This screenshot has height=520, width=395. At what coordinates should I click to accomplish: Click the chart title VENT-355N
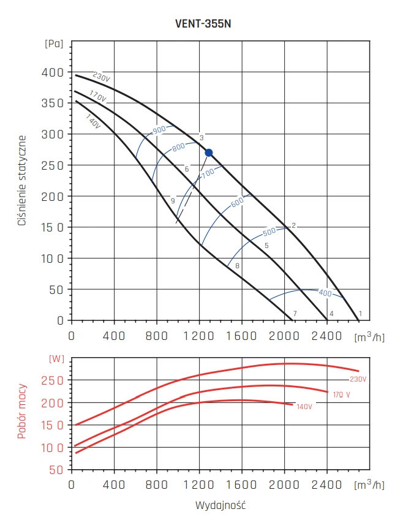coord(203,24)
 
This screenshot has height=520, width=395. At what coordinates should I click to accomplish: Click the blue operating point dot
coord(209,153)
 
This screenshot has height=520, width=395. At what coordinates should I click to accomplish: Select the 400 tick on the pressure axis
coord(56,72)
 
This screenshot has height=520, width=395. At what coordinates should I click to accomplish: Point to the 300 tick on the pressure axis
coord(56,134)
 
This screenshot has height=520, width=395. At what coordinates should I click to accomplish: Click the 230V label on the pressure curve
coord(101,78)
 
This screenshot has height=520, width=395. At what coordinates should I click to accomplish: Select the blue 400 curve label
coord(325,293)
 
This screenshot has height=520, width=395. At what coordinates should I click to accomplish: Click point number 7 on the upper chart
coord(295,314)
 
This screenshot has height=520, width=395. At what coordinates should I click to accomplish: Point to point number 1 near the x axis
coord(361,314)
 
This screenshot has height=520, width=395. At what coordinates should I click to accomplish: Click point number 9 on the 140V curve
coord(173,201)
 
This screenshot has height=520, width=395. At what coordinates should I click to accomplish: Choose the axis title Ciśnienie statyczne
coord(22,181)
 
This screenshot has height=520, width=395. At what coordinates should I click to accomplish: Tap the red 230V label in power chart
coord(358,379)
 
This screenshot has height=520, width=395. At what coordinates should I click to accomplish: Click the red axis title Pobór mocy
coord(22,412)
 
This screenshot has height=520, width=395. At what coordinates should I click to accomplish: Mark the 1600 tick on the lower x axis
coord(242,486)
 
